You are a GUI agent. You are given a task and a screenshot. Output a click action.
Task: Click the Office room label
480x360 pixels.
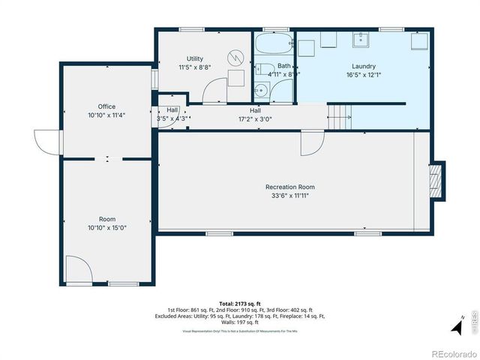(x=106, y=106)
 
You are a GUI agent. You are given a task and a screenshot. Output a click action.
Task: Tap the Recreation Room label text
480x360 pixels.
(x=289, y=187)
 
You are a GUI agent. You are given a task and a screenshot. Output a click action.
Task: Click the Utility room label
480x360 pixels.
(x=194, y=58)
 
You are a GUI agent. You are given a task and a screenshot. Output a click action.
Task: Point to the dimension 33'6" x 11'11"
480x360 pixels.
(x=289, y=195)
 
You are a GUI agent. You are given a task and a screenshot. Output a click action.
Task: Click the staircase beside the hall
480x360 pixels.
(x=340, y=115)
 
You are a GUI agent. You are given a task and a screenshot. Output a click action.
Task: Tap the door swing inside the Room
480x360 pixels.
(x=77, y=268)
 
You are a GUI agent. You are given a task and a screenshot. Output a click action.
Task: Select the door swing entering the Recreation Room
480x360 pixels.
(x=311, y=142)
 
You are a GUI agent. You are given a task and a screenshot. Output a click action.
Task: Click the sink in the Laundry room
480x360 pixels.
(x=360, y=37)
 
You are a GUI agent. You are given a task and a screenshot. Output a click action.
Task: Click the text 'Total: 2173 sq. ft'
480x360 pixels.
(x=240, y=303)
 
